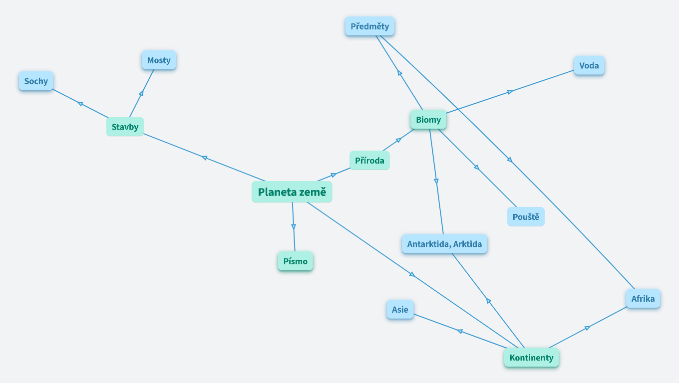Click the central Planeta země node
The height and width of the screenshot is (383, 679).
[x=292, y=192]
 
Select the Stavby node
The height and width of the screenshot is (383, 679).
[x=125, y=127]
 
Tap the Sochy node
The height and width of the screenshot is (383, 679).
[x=36, y=81]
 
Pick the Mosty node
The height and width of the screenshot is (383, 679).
[x=159, y=60]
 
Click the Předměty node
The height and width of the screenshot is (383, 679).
[x=369, y=26]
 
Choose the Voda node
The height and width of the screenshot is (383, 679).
[x=589, y=65]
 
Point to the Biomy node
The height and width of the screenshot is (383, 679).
[x=428, y=120]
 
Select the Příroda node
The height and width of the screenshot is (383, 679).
[x=369, y=161]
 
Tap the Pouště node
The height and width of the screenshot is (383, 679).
[x=526, y=217]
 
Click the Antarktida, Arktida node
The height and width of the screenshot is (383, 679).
[x=444, y=244]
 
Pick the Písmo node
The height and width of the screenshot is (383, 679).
[x=295, y=261]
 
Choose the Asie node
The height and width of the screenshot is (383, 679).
[x=400, y=309]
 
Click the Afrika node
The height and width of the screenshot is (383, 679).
[x=643, y=299]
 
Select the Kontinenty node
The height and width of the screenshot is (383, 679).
[x=531, y=358]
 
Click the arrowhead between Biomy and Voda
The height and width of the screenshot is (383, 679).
[x=510, y=92]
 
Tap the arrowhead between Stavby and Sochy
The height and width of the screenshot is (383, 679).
[x=80, y=103]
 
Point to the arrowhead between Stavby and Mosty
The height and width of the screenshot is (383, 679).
[x=142, y=93]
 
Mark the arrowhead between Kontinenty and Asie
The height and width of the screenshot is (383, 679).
[x=460, y=331]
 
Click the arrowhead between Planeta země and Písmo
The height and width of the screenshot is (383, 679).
[x=294, y=227]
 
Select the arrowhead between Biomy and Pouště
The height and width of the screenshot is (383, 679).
[x=477, y=168]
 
